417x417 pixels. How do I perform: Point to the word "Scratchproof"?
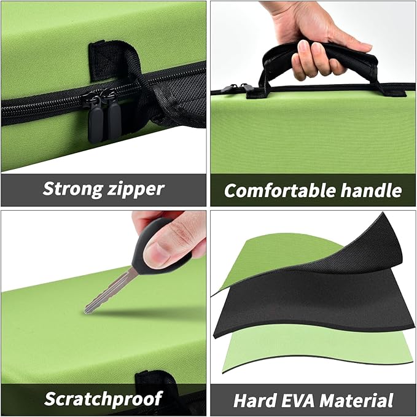click(x=103, y=398)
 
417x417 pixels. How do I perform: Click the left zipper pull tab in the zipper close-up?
click(x=95, y=120)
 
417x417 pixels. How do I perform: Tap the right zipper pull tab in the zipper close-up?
click(x=114, y=117)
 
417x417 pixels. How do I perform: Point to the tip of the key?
click(x=86, y=311)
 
